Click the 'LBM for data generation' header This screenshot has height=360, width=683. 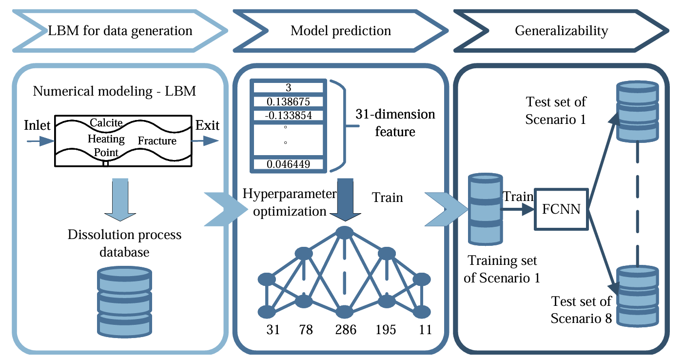120,31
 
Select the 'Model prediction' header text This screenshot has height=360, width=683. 341,31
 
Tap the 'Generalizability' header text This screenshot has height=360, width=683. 562,31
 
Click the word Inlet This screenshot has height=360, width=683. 37,126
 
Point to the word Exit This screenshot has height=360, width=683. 207,126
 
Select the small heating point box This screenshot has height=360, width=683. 105,163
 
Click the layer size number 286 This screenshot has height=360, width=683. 345,330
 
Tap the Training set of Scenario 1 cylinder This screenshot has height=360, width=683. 485,210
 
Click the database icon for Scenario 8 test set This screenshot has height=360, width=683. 638,296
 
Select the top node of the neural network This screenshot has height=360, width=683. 345,232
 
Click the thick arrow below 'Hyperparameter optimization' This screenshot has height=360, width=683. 345,198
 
